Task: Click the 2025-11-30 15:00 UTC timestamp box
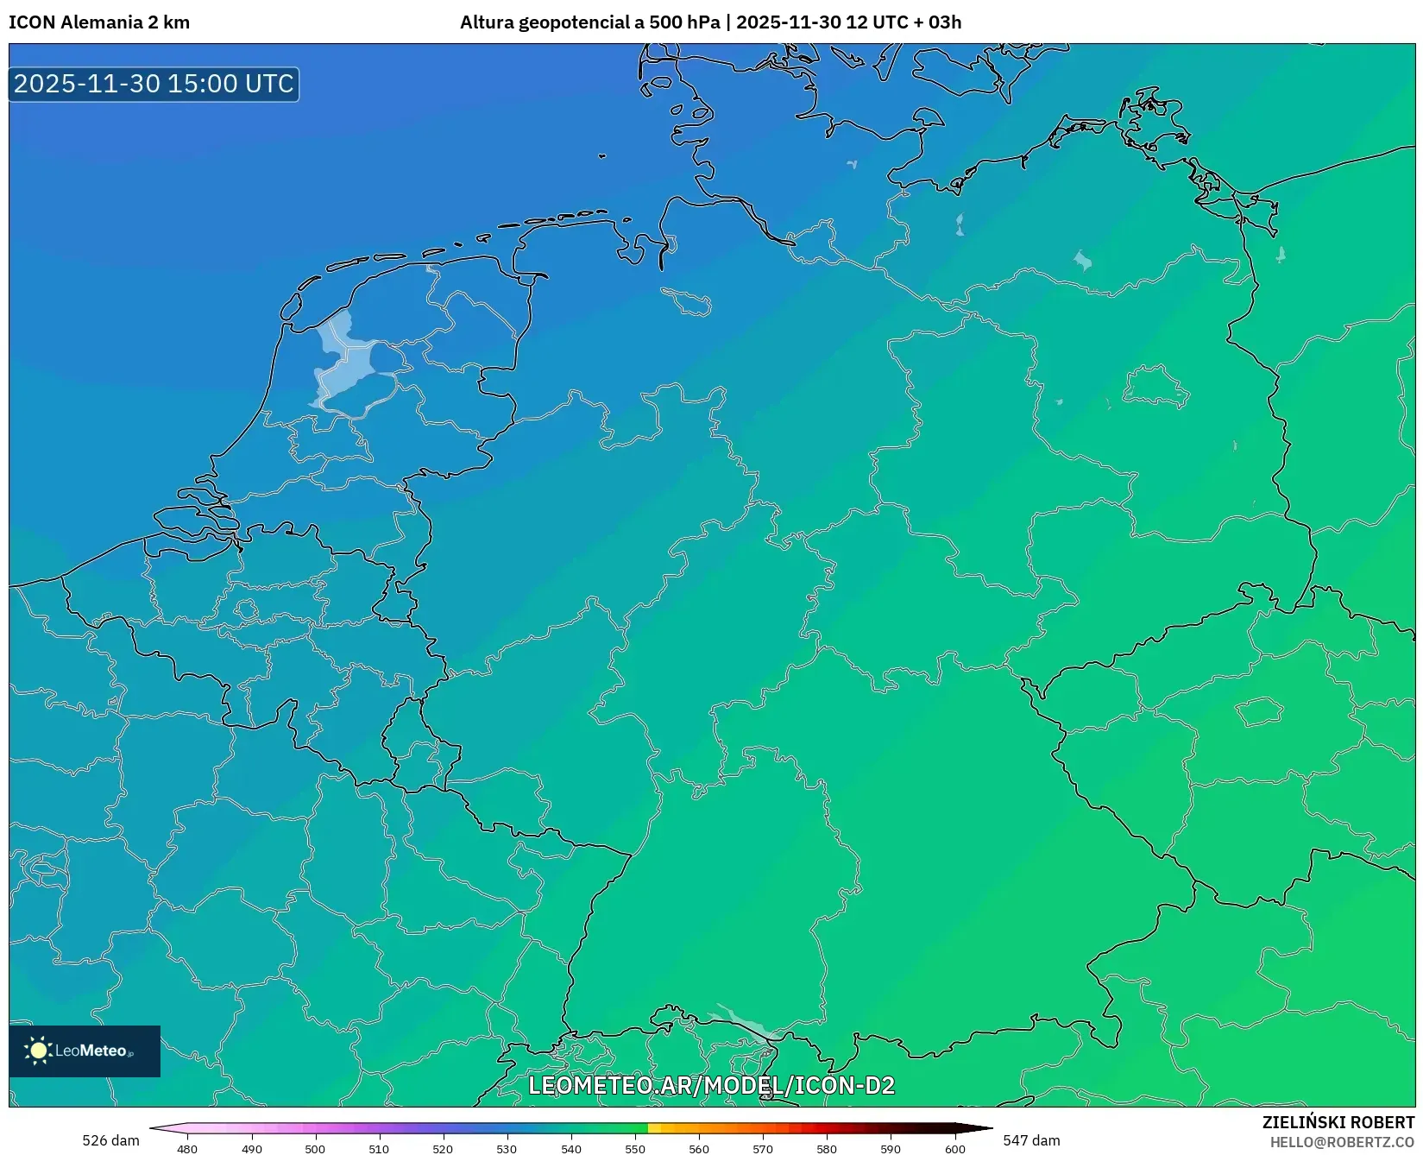click(x=154, y=84)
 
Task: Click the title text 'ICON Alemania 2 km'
click(x=99, y=22)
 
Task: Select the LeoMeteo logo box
click(x=85, y=1051)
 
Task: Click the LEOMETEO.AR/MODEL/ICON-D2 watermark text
click(x=711, y=1086)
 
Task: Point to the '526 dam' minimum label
click(x=110, y=1140)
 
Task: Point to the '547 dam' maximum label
click(x=1031, y=1140)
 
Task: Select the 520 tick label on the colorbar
click(x=443, y=1149)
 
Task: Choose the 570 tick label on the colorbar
click(x=763, y=1149)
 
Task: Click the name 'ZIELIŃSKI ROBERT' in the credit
click(x=1338, y=1122)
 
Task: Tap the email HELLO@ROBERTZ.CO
click(x=1342, y=1142)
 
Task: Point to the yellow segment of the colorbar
click(x=654, y=1128)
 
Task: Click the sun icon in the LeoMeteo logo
click(x=39, y=1051)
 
